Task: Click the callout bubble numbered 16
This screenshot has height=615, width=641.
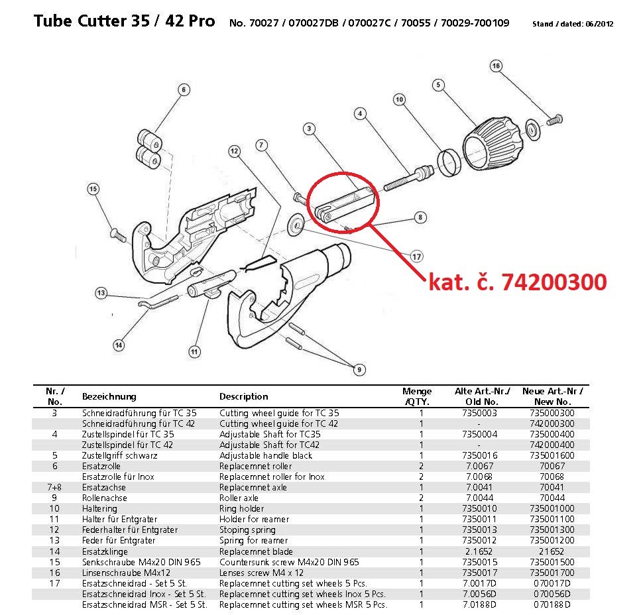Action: pos(496,66)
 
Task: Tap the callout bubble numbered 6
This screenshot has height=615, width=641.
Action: pos(184,89)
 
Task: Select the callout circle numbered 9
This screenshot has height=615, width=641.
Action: pos(359,370)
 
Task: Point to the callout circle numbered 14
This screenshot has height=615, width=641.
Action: pos(119,345)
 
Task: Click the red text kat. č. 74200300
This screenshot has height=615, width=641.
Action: pos(518,282)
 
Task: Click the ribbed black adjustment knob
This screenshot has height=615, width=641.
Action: pos(493,144)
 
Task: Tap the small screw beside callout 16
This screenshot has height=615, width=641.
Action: pos(555,120)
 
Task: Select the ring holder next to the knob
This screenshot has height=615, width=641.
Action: pos(449,162)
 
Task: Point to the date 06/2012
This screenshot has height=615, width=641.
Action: pos(599,24)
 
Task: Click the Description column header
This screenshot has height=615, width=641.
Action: pos(244,396)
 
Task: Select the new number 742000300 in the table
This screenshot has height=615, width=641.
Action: pos(552,423)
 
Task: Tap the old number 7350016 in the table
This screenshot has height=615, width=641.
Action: pos(479,456)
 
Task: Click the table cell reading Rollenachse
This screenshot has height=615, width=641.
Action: pos(105,498)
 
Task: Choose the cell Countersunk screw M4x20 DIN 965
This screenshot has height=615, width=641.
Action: pos(289,562)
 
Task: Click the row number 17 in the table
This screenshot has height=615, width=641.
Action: pos(54,584)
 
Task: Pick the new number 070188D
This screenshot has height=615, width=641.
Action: pos(552,605)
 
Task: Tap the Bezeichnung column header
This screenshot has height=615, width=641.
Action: pos(109,396)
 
